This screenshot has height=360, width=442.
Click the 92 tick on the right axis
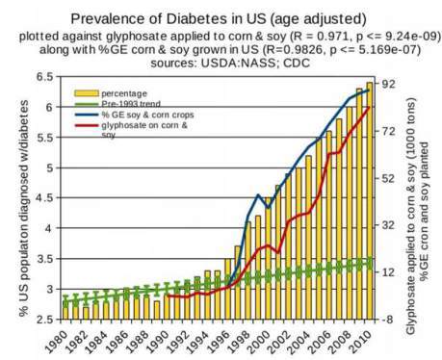pos(390,86)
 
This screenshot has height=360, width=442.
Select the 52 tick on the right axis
pos(390,178)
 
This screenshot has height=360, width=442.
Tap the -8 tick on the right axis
pos(390,318)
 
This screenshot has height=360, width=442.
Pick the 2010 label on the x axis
pos(363,338)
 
